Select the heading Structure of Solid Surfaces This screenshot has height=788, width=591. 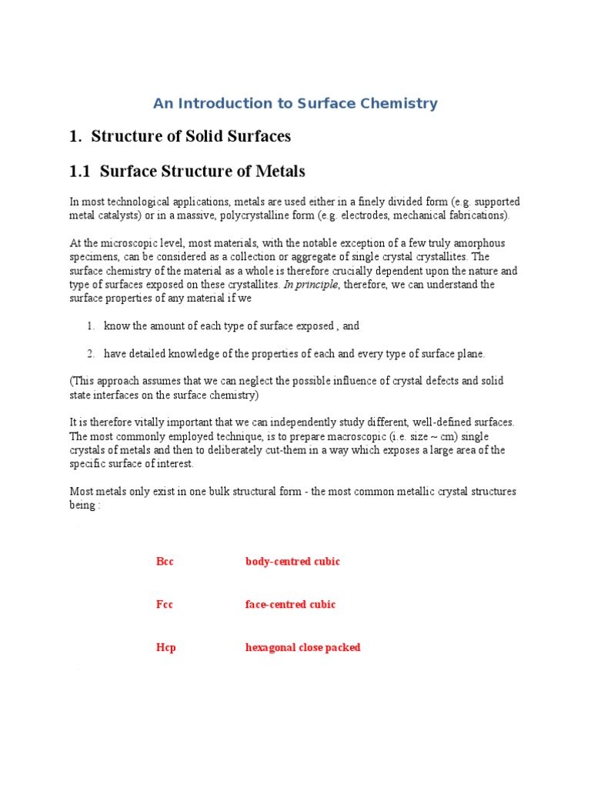point(190,137)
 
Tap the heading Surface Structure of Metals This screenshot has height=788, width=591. point(202,171)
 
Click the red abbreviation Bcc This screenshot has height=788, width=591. point(165,562)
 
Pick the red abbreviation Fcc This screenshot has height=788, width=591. point(165,605)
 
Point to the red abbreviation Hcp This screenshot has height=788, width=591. point(165,648)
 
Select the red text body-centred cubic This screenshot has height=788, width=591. point(292,562)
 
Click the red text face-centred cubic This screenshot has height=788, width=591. point(290,605)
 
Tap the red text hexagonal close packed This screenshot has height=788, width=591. point(302,648)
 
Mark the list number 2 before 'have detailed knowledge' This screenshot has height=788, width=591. point(90,354)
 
